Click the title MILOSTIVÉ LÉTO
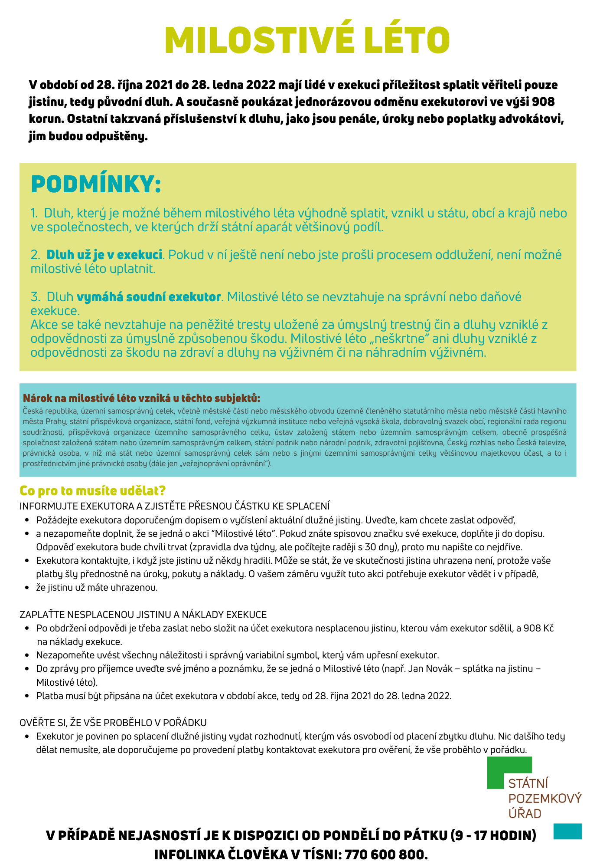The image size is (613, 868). pos(307,40)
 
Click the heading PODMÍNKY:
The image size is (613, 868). pos(96,184)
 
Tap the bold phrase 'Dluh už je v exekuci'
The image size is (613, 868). pos(104,255)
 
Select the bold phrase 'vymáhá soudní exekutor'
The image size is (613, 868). pos(149,297)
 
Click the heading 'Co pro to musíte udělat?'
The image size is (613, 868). pos(93,491)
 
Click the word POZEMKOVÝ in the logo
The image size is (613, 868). pos(545,799)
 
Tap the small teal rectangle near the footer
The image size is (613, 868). pos(567,831)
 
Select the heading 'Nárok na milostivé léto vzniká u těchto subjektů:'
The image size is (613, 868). pos(142,398)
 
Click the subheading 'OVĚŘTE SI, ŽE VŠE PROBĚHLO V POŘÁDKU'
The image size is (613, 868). pos(113,723)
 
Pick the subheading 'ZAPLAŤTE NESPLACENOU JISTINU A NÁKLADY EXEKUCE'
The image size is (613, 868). pos(143,615)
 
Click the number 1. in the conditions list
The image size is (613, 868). pos(34,214)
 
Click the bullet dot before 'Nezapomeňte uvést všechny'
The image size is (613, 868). pos(27,655)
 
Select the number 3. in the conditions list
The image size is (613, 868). pos(35,297)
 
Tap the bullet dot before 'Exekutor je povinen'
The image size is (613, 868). pos(27,736)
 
